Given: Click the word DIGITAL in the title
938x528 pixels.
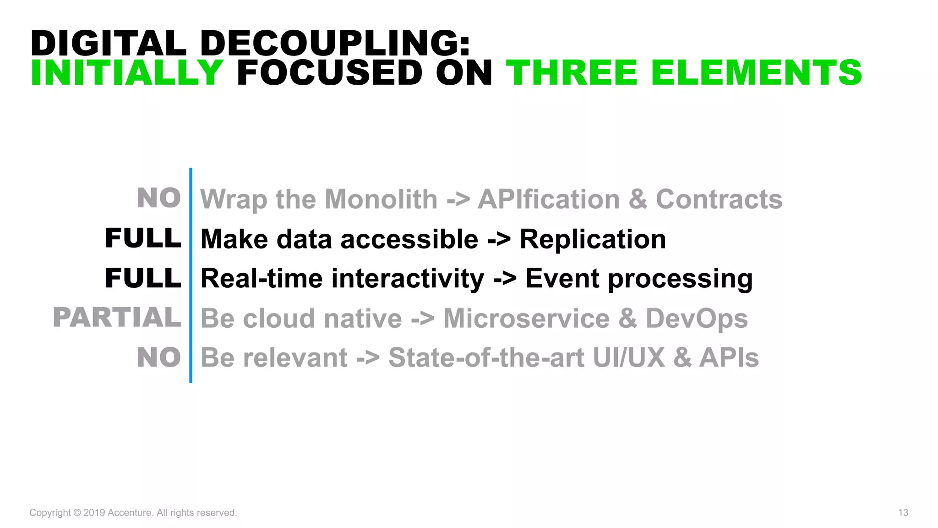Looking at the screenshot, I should click(109, 43).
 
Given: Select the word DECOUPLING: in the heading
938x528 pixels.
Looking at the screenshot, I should click(335, 43).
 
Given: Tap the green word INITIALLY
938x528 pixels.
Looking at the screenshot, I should click(127, 73).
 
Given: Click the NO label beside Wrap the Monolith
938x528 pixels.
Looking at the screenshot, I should click(159, 198).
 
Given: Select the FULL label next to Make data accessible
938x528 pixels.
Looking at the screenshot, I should click(143, 238).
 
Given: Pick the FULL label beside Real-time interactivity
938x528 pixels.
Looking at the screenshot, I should click(143, 278).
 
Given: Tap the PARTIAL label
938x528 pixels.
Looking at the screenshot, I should click(117, 318).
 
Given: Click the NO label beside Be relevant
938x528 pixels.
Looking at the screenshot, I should click(159, 357).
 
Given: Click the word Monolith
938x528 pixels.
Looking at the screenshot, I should click(381, 199).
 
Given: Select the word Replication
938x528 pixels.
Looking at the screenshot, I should click(593, 239).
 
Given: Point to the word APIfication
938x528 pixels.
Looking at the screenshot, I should click(548, 199).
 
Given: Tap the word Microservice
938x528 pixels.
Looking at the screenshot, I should click(526, 319).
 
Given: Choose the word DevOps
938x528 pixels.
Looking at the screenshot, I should click(696, 319).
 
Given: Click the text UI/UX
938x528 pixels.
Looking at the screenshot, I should click(628, 358).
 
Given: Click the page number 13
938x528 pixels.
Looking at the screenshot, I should click(903, 512).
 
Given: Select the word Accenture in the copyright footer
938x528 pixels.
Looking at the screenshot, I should click(129, 512).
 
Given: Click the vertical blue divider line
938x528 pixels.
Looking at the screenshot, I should click(191, 275).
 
